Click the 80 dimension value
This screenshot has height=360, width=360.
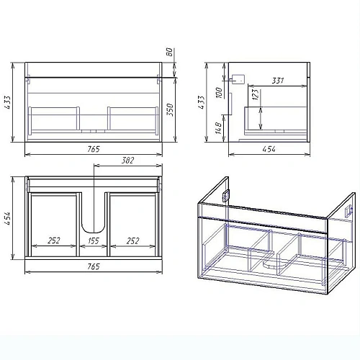(x=169, y=52)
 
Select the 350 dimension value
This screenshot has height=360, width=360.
(x=170, y=109)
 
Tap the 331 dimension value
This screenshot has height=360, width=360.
(x=278, y=81)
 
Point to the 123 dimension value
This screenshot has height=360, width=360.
(x=256, y=94)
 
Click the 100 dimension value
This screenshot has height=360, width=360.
(x=219, y=92)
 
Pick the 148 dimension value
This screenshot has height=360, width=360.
(x=218, y=128)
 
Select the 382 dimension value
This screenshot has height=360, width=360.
(x=127, y=161)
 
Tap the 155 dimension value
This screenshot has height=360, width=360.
(x=94, y=240)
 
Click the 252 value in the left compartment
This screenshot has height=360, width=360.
(x=54, y=240)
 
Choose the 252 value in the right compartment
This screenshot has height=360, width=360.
(x=132, y=240)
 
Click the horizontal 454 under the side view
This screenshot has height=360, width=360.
(x=269, y=149)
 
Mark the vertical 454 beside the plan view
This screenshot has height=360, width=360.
(x=7, y=218)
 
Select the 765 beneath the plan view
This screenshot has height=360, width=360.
(x=93, y=266)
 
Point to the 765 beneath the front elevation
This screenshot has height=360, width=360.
(x=93, y=149)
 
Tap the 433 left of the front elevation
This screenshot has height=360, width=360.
(x=7, y=102)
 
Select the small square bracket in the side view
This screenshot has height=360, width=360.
(x=239, y=79)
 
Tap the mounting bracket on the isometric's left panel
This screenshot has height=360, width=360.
(x=226, y=195)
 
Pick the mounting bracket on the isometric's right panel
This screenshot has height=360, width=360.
(x=348, y=211)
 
